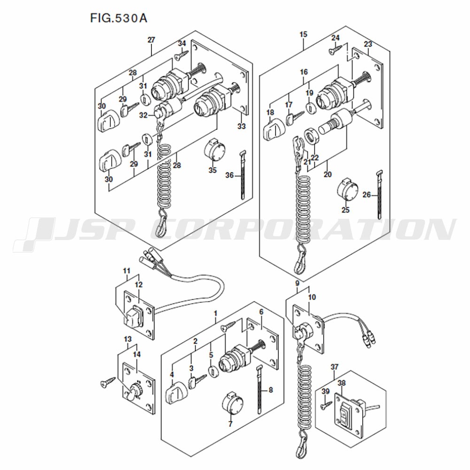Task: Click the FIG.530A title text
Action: [x=119, y=18]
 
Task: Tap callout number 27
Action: [x=151, y=40]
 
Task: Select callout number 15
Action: [x=303, y=34]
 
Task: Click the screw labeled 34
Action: [x=181, y=55]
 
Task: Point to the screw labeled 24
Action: [x=336, y=49]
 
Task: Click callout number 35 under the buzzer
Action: [x=212, y=170]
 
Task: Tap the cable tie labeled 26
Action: [x=379, y=195]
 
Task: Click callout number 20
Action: [x=328, y=174]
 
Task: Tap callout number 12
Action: [x=139, y=285]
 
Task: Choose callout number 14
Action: [x=137, y=354]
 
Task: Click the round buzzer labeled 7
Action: [x=232, y=403]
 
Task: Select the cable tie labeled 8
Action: [x=259, y=390]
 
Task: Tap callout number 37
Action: [x=335, y=367]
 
